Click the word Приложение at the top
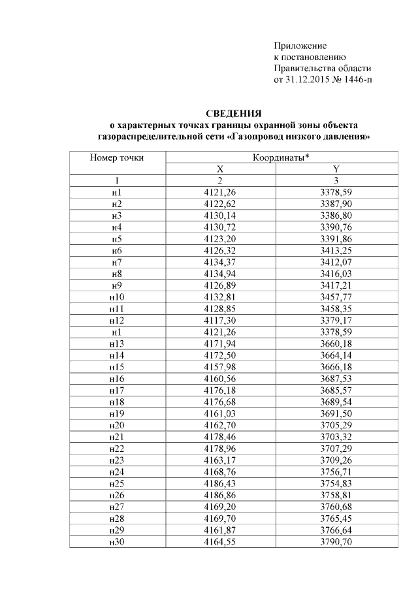(299, 46)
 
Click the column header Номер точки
(117, 157)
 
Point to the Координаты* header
(280, 157)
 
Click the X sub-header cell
(219, 169)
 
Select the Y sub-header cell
(336, 169)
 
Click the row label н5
(117, 239)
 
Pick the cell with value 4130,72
(219, 227)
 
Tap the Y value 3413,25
(336, 251)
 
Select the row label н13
(117, 344)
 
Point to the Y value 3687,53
(336, 379)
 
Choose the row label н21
(117, 437)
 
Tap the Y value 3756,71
(336, 472)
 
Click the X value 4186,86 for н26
(219, 496)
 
